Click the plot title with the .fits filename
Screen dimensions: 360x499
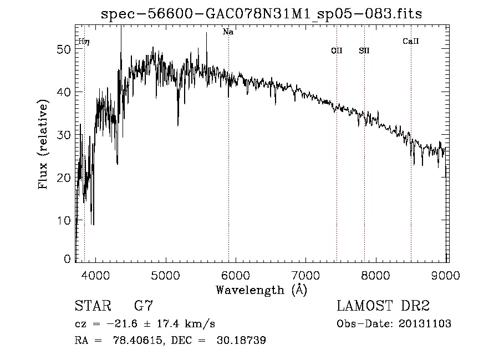(261, 14)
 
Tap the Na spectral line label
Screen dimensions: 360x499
(228, 32)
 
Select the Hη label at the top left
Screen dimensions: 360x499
(84, 41)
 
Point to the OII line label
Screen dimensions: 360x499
(337, 50)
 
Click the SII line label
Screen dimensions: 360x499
(364, 50)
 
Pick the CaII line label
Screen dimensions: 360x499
(410, 40)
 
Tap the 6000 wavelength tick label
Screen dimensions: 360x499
(236, 275)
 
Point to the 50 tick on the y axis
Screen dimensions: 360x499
(66, 49)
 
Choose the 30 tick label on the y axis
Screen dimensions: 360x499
(66, 135)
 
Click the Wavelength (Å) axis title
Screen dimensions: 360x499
(261, 290)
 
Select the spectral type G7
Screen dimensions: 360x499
(144, 306)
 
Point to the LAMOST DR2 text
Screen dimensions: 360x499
(383, 306)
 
